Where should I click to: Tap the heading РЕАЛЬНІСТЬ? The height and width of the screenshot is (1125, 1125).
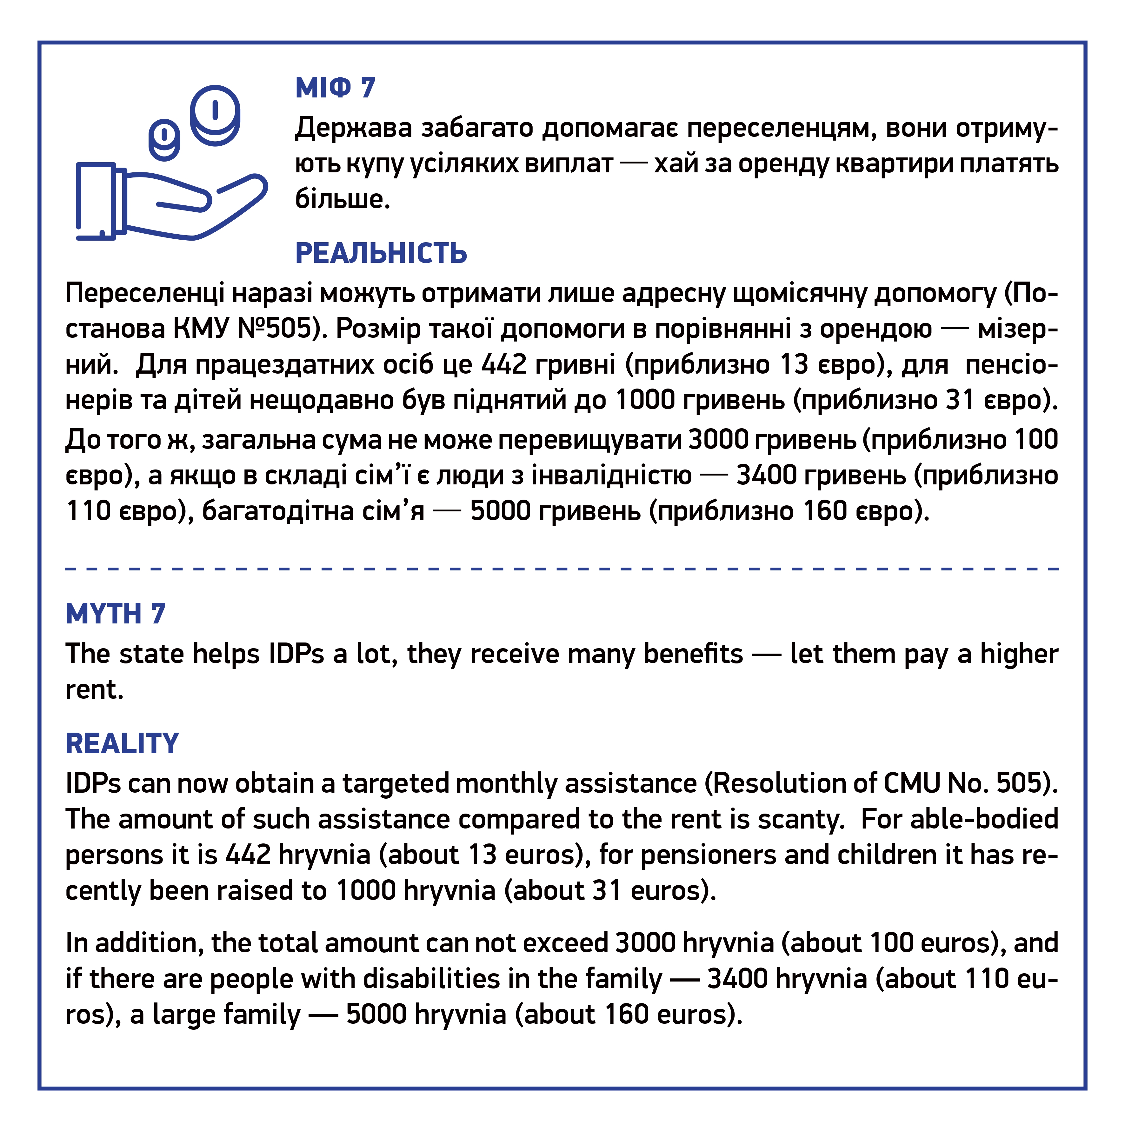point(381,253)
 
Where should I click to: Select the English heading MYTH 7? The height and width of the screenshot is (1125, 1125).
point(115,614)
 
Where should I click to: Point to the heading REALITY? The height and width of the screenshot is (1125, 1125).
point(122,743)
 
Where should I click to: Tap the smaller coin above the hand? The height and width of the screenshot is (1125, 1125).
point(164,140)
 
